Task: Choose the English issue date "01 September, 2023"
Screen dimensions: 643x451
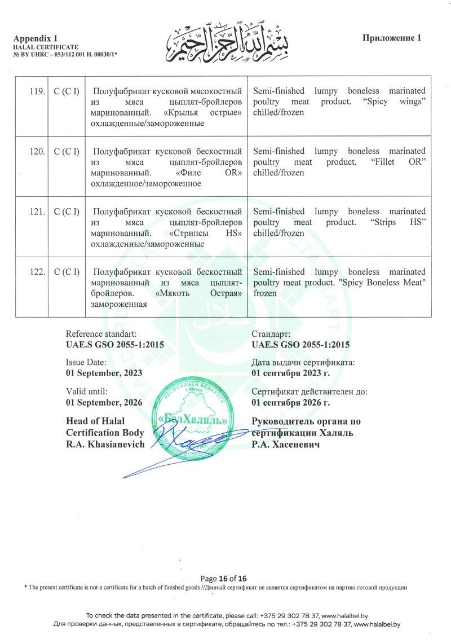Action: pos(104,373)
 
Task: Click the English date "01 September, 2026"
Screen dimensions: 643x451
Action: pos(104,402)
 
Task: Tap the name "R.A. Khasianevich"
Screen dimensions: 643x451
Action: pos(105,444)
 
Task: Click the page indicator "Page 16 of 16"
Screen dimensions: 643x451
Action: pos(224,578)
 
